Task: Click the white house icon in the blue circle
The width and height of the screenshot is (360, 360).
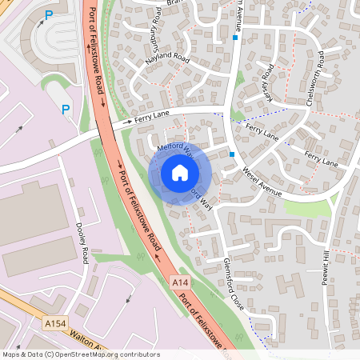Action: pyautogui.click(x=179, y=173)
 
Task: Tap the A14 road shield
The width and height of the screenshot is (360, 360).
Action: pyautogui.click(x=181, y=283)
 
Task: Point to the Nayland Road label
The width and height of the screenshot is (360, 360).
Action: pyautogui.click(x=166, y=60)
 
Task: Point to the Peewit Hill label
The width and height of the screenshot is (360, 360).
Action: pyautogui.click(x=326, y=273)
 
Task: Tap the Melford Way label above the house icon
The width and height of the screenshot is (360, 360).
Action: pyautogui.click(x=175, y=147)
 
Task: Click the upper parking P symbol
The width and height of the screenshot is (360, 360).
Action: pyautogui.click(x=49, y=14)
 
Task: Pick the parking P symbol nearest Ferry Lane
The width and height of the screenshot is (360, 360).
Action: pyautogui.click(x=66, y=110)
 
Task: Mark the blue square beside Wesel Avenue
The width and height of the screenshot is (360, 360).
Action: pyautogui.click(x=231, y=154)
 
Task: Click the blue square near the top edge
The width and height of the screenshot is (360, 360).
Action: pyautogui.click(x=235, y=38)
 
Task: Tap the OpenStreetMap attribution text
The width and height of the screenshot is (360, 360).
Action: pyautogui.click(x=81, y=354)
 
